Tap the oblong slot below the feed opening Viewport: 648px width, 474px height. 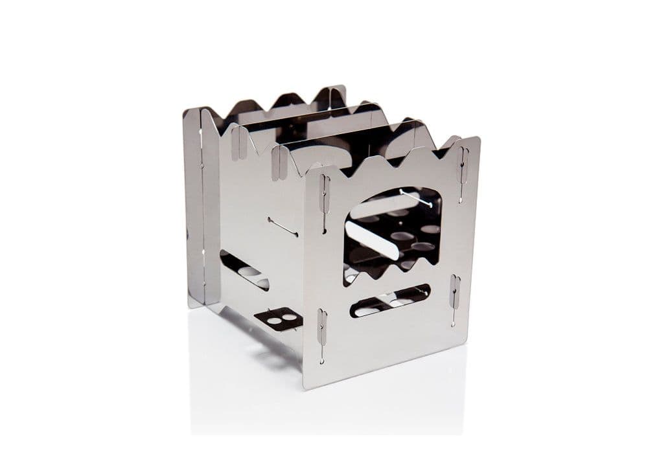[391, 300]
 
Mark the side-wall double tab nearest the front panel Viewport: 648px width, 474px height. [279, 155]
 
